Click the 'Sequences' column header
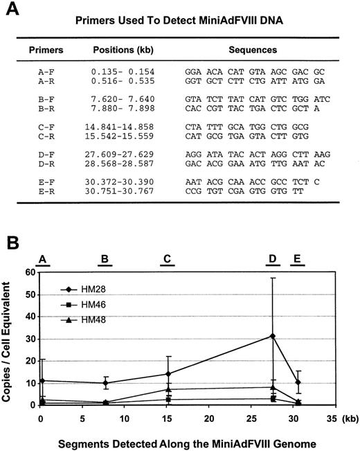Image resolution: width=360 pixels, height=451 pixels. tap(249, 51)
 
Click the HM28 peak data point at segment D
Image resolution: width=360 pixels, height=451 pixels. tap(273, 336)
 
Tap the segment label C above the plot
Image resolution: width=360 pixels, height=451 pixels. tap(167, 259)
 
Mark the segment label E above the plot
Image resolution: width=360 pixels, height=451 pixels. tap(296, 259)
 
